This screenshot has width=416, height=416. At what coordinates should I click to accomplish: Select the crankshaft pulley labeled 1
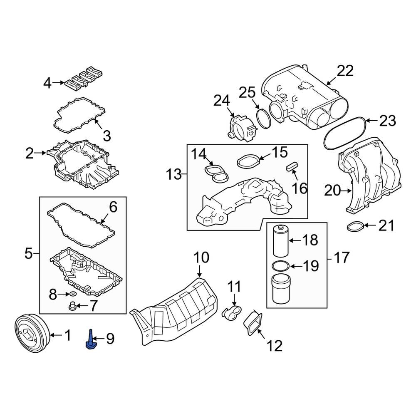coord(32,334)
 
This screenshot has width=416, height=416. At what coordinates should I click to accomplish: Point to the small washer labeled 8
coord(73,295)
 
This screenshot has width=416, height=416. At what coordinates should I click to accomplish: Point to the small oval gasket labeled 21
coord(355,227)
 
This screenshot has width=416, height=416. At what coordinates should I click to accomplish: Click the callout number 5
coord(28,253)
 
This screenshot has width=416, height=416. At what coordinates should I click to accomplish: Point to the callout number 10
coord(201,258)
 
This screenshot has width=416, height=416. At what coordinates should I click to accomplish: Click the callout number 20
coord(332,191)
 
